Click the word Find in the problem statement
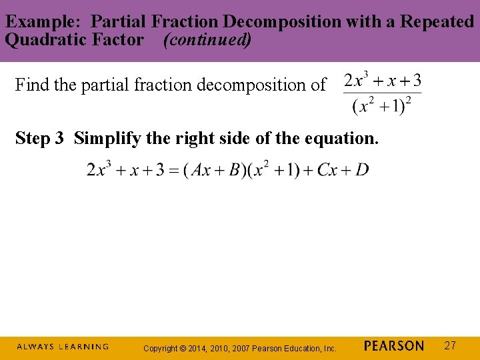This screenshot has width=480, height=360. [29, 85]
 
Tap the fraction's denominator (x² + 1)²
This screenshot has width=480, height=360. [382, 106]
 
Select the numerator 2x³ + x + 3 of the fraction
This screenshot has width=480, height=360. [383, 81]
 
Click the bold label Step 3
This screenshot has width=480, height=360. [40, 139]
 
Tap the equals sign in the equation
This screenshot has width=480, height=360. [178, 171]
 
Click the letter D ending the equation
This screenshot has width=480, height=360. [362, 170]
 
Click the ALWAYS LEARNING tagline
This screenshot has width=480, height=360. [63, 347]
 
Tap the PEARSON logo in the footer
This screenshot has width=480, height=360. [394, 346]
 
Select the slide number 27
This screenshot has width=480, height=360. [450, 345]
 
